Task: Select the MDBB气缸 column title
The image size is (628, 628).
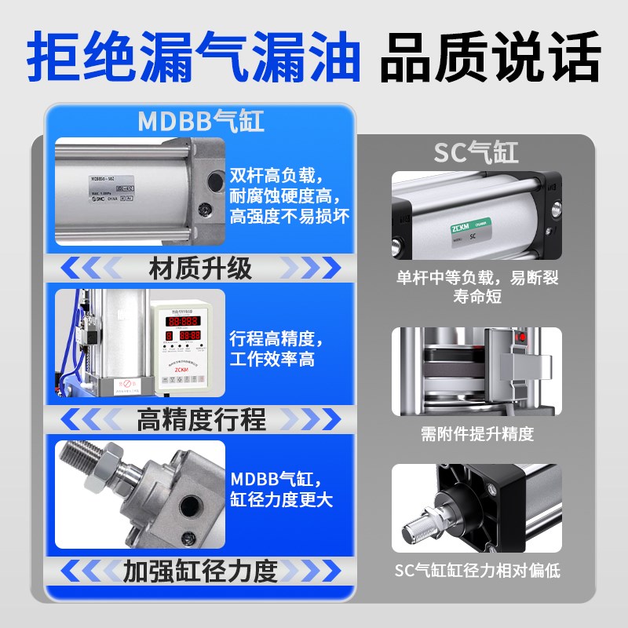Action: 201,122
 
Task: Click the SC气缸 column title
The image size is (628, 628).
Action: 476,152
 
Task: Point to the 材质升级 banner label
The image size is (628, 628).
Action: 201,268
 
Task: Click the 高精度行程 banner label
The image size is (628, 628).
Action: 201,419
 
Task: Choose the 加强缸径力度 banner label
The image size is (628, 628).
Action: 201,571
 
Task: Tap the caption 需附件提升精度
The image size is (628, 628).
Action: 476,434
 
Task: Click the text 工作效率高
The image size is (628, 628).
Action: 272,360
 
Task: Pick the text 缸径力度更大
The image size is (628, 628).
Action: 281,500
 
